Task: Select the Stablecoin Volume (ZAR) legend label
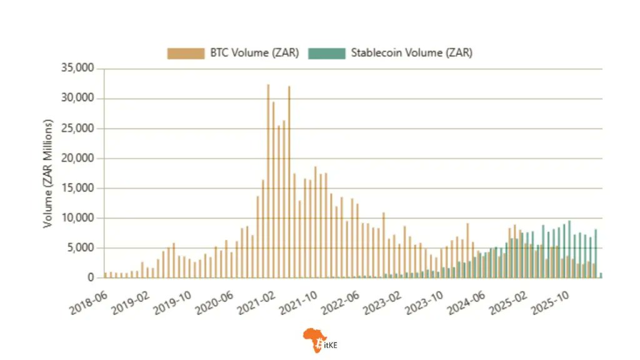pos(411,53)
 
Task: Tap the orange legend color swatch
pos(186,53)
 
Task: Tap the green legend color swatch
pos(327,53)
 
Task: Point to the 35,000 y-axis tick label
pos(77,68)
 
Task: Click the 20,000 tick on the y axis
pos(77,158)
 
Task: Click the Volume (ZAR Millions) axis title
pos(48,173)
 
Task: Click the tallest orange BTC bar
pos(268,181)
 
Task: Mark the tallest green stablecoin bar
pos(569,250)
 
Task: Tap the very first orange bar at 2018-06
pos(106,275)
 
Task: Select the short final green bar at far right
pos(601,275)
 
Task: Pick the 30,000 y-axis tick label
pos(77,98)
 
